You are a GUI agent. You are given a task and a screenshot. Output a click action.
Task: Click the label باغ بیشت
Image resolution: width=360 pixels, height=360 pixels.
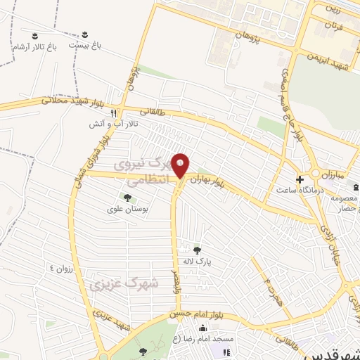pyautogui.click(x=85, y=44)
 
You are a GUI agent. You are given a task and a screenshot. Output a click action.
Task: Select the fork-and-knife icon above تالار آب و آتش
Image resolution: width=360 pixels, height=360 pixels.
pyautogui.click(x=112, y=112)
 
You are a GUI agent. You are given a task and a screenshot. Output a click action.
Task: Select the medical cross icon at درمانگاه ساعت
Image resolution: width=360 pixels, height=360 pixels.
pyautogui.click(x=300, y=179)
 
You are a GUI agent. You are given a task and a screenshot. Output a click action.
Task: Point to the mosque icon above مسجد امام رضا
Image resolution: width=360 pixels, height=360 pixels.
pyautogui.click(x=203, y=328)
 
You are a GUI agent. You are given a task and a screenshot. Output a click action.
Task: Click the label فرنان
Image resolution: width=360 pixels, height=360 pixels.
pyautogui.click(x=332, y=26)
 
